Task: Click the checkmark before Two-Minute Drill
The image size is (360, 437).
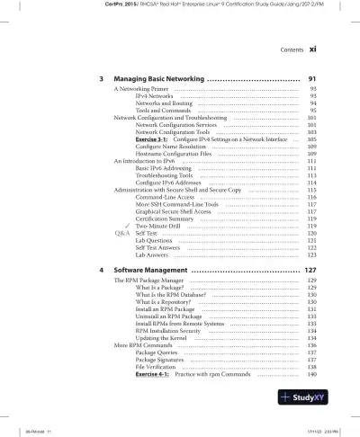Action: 127,225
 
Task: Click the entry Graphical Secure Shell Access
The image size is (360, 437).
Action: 177,210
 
